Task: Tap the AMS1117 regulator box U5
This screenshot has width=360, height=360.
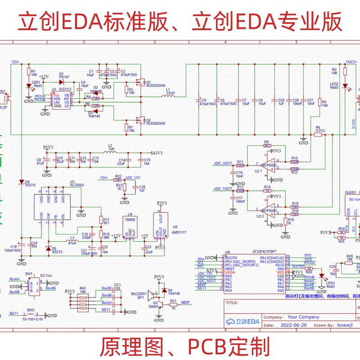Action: (x=160, y=225)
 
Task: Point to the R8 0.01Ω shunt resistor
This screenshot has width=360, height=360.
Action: (x=318, y=134)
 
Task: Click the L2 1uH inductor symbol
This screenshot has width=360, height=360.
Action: (x=110, y=152)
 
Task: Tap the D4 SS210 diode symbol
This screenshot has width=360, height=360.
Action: (x=21, y=182)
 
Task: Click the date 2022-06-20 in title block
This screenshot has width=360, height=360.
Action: (x=293, y=324)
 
